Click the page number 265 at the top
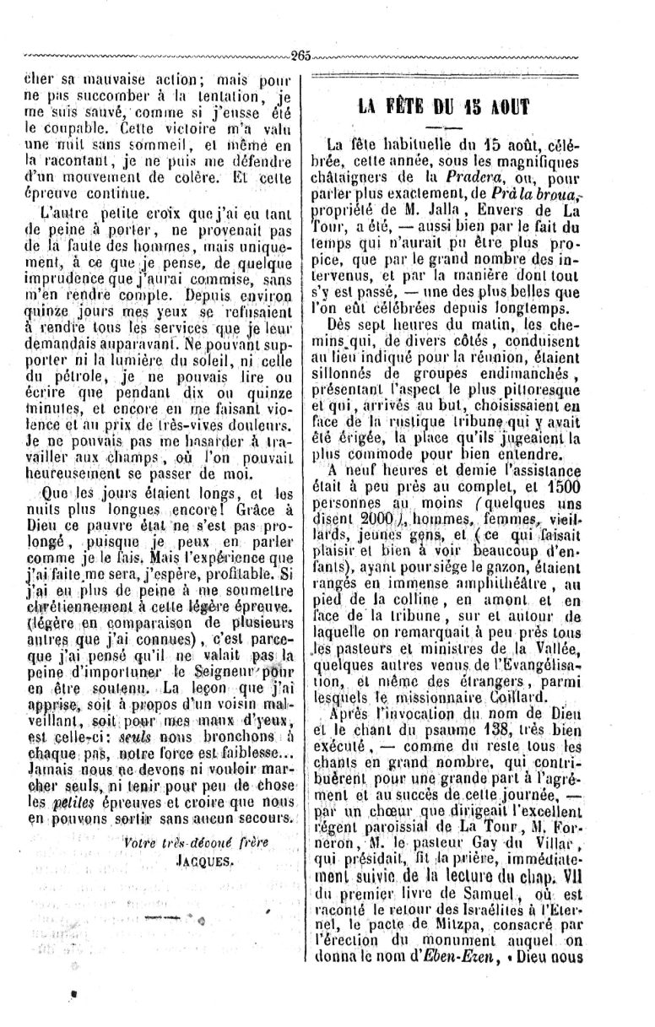click(301, 57)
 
